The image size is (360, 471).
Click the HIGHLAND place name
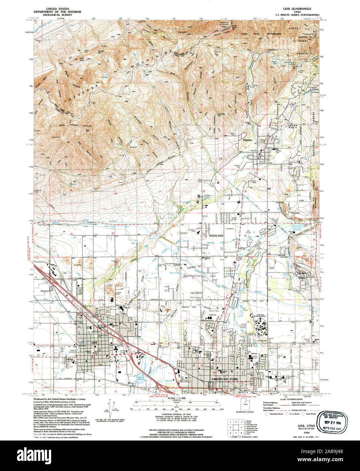pos(216,235)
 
